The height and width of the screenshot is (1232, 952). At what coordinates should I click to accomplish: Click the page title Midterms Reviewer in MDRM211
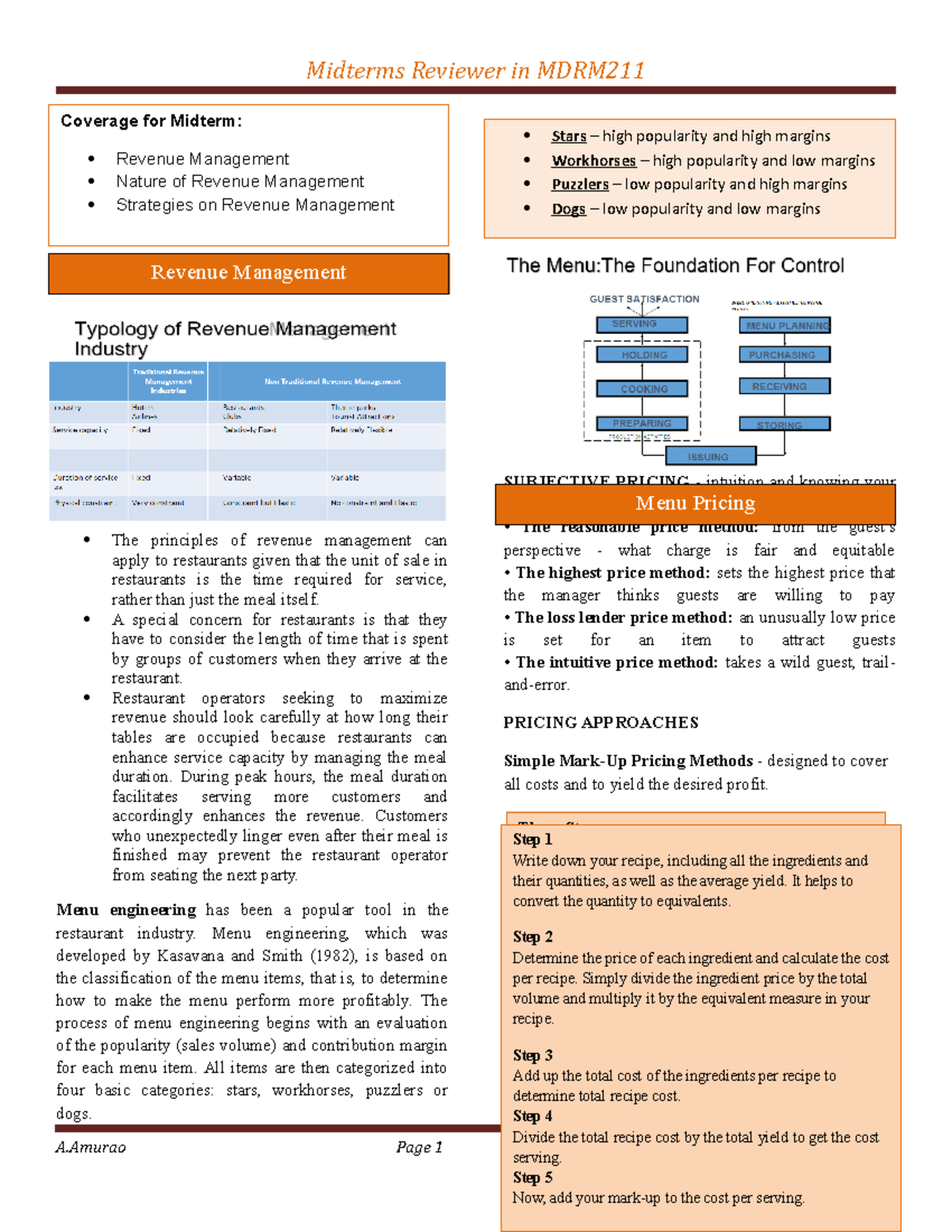(475, 71)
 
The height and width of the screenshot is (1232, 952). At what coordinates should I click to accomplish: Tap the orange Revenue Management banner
(248, 273)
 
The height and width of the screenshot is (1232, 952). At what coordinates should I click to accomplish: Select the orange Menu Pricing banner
(695, 503)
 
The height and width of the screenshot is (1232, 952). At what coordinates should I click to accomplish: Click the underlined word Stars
(569, 136)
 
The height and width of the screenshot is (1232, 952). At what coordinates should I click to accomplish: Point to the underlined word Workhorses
(593, 161)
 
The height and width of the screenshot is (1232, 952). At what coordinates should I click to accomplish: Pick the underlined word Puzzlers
(580, 185)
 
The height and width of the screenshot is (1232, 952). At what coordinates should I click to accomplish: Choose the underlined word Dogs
(568, 209)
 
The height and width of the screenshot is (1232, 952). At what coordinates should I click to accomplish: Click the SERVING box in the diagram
(642, 324)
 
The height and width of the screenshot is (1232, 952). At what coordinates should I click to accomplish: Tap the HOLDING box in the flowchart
(642, 355)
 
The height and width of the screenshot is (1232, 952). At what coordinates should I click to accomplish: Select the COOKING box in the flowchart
(642, 390)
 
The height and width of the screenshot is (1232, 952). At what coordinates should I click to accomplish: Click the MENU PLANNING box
(785, 325)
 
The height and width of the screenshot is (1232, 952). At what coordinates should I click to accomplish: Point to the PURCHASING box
(785, 355)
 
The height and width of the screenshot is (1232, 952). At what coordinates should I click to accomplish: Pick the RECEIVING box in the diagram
(785, 386)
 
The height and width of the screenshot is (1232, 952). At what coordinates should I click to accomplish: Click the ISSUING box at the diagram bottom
(710, 456)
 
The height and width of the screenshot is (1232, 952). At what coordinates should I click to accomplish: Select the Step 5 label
(532, 1177)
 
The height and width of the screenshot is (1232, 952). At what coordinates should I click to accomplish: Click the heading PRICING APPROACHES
(601, 723)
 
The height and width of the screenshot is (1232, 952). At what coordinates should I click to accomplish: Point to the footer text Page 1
(419, 1147)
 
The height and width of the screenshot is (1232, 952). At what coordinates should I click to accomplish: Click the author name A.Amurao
(90, 1147)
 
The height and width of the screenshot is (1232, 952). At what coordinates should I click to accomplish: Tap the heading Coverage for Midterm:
(151, 121)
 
